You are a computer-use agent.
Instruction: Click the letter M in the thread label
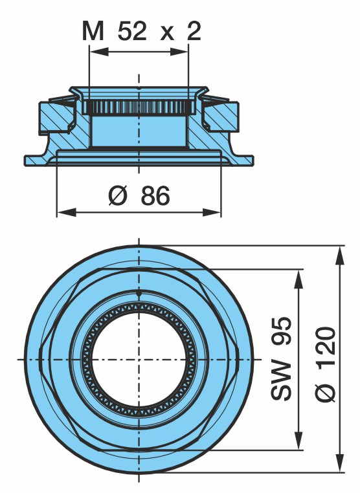[93, 31]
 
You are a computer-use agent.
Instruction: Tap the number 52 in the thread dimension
[132, 31]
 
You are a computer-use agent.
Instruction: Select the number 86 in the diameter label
[155, 195]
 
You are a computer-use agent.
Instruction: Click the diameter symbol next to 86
[117, 195]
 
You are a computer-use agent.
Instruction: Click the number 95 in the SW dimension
[281, 331]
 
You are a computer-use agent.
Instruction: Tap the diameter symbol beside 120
[326, 391]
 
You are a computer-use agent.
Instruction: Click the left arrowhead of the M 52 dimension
[99, 52]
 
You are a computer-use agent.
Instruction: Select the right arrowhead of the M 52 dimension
[179, 52]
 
